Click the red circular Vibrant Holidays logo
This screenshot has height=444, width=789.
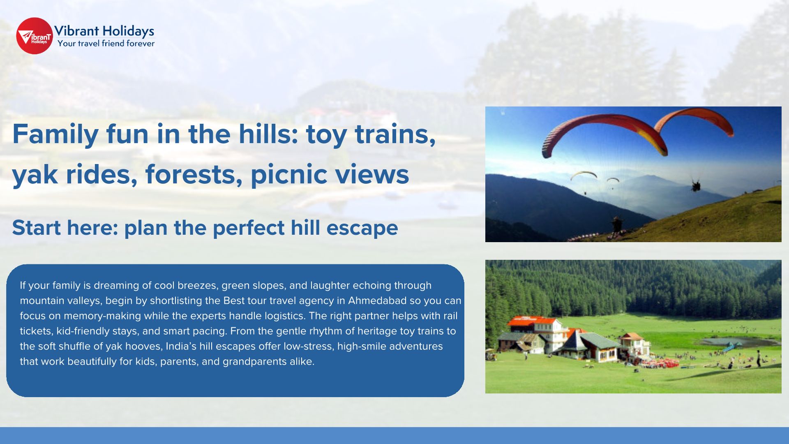(35, 36)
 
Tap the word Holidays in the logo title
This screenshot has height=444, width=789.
(128, 31)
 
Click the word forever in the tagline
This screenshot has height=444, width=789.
(140, 43)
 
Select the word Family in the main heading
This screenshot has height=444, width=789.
(55, 135)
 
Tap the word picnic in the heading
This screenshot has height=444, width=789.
(289, 175)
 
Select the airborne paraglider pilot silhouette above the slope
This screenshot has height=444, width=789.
(695, 186)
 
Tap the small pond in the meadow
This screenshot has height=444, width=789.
(736, 342)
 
